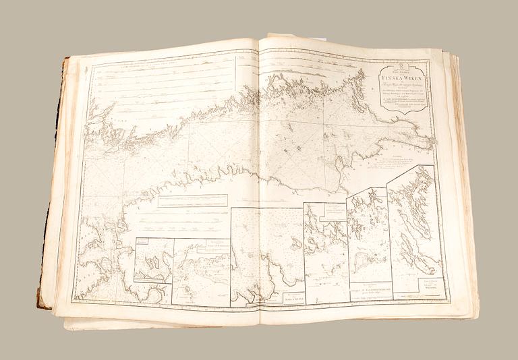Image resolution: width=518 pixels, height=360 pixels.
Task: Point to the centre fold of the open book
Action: click(259, 182)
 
